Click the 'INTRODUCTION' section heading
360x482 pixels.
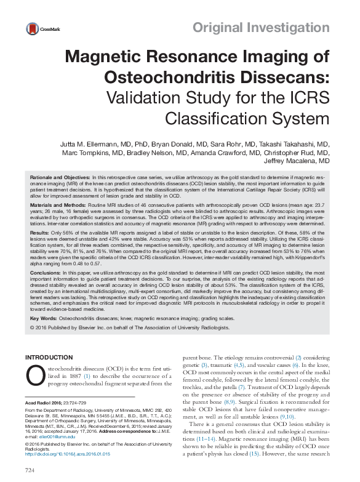pos(49,357)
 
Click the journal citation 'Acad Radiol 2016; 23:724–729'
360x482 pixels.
pos(55,401)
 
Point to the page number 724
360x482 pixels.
pos(30,470)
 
